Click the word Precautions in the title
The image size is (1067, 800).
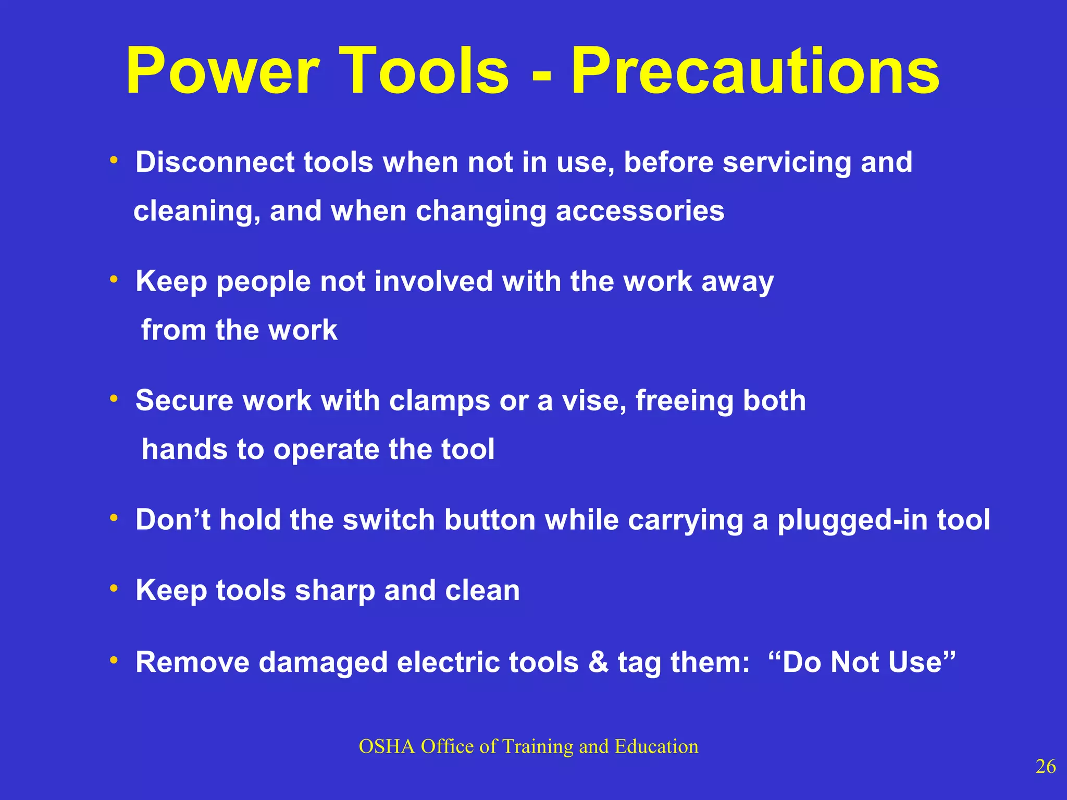tap(755, 72)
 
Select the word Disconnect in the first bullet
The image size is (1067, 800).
tap(215, 162)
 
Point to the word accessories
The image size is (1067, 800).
tap(640, 211)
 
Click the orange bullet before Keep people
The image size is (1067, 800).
tap(114, 280)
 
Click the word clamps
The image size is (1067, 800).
tap(439, 401)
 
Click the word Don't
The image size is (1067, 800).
tap(173, 520)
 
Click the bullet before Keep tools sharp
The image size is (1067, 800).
tap(114, 589)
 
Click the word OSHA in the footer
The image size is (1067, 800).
tap(387, 747)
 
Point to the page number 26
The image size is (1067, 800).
tap(1045, 767)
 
